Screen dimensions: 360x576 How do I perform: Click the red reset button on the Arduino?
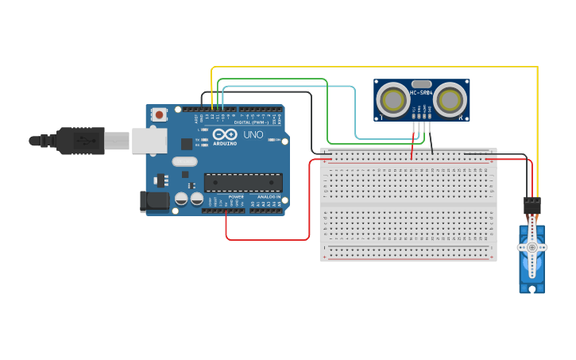click(159, 114)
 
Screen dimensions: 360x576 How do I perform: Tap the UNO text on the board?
click(253, 135)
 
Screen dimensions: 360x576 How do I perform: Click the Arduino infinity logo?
click(224, 134)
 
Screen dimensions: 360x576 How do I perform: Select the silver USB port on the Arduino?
click(149, 141)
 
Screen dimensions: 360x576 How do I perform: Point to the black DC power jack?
click(154, 201)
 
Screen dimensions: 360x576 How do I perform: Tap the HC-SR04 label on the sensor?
click(421, 93)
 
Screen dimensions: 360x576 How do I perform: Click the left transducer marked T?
click(393, 100)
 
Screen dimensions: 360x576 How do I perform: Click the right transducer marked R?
click(450, 100)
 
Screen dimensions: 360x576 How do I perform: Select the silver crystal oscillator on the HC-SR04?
click(422, 83)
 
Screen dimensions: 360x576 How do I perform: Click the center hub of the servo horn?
click(532, 247)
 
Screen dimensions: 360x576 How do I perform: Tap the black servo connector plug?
click(532, 206)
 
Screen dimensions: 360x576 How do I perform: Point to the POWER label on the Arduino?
click(236, 196)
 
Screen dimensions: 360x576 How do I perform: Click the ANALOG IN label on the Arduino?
click(267, 196)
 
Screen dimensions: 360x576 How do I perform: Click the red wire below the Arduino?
click(266, 239)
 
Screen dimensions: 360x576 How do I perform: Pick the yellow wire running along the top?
click(373, 68)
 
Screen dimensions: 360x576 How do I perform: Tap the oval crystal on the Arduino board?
click(184, 161)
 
